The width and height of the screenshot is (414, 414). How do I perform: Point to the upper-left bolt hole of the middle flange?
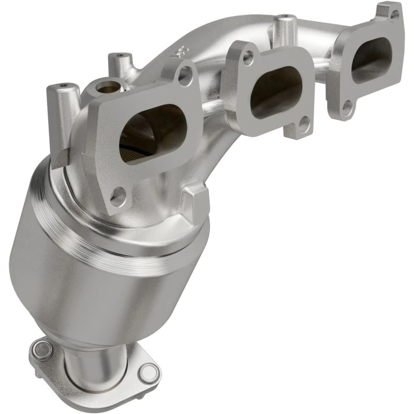pyautogui.click(x=249, y=58)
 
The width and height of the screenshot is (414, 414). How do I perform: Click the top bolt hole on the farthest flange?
pyautogui.click(x=394, y=15)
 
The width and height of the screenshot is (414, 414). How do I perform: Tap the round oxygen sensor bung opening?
pyautogui.click(x=107, y=85)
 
